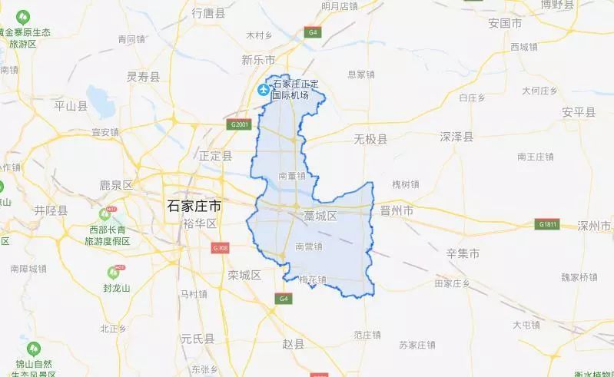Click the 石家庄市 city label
pyautogui.click(x=195, y=205)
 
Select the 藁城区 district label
pyautogui.click(x=320, y=217)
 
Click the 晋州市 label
pyautogui.click(x=397, y=210)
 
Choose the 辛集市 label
pyautogui.click(x=463, y=253)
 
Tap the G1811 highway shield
pyautogui.click(x=547, y=224)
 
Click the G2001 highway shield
pyautogui.click(x=240, y=124)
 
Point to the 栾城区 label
pyautogui.click(x=245, y=274)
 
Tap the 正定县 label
pyautogui.click(x=215, y=155)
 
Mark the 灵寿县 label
pyautogui.click(x=143, y=76)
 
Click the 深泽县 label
pyautogui.click(x=456, y=137)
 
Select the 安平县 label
pyautogui.click(x=579, y=112)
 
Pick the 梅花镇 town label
pyautogui.click(x=313, y=279)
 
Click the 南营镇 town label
pyautogui.click(x=308, y=246)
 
